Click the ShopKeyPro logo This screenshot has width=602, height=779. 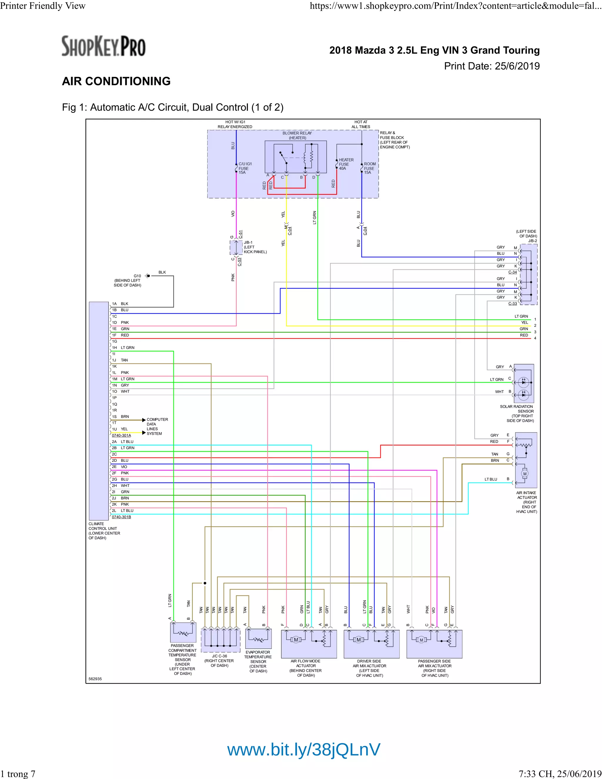tap(103, 46)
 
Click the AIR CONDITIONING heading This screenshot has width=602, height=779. tap(116, 81)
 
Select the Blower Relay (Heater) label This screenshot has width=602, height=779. tap(297, 136)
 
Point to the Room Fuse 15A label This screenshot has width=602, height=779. tap(369, 168)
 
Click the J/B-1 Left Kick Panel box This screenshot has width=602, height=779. tap(236, 248)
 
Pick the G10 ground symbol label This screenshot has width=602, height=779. tap(137, 276)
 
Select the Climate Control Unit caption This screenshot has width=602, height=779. tap(104, 531)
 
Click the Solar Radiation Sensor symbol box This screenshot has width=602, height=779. tap(524, 383)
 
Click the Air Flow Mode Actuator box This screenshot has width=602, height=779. tap(309, 644)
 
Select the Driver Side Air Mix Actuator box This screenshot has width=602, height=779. tap(371, 644)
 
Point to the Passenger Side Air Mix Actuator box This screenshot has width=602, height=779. tap(434, 644)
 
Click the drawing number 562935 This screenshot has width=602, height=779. tap(95, 679)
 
